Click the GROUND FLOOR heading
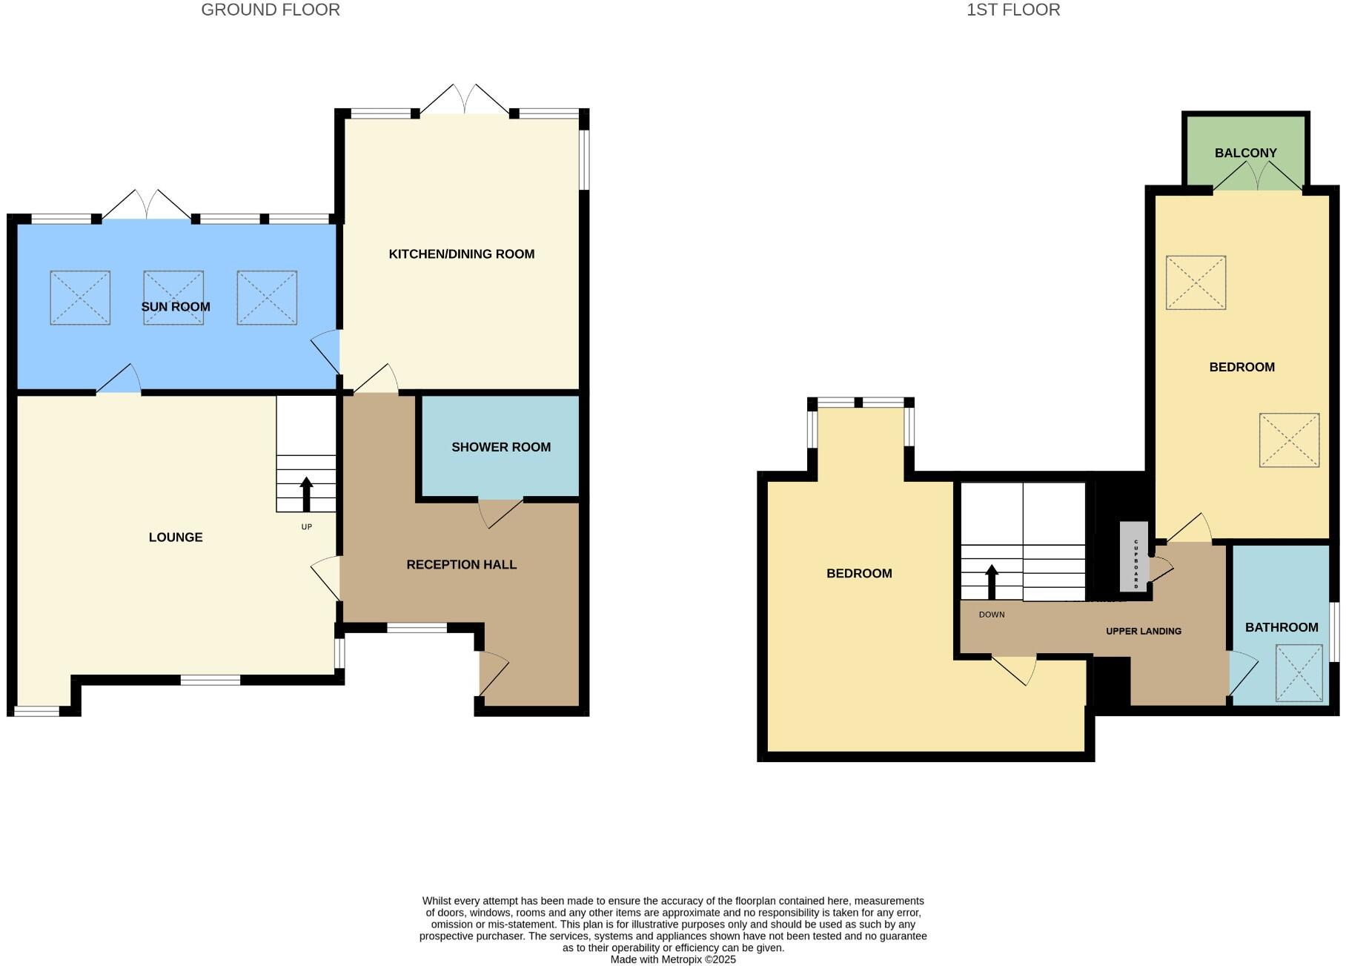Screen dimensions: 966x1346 pos(271,10)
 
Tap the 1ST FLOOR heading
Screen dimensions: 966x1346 pos(1012,10)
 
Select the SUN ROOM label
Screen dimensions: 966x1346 pos(176,307)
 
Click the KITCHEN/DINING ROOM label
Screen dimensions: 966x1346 pos(461,254)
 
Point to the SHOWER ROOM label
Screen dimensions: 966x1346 pos(501,447)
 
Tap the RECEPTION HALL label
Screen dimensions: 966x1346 pos(461,565)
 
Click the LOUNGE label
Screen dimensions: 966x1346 pos(176,537)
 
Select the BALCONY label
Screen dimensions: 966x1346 pos(1245,153)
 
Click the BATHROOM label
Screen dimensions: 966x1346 pos(1281,627)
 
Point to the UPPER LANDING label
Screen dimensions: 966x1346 pos(1143,632)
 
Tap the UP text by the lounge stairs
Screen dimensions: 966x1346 pos(307,527)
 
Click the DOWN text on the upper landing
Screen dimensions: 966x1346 pos(992,615)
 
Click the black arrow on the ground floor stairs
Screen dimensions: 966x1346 pos(306,494)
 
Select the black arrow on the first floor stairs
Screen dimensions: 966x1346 pos(991,581)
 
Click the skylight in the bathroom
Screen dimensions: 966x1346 pos(1299,672)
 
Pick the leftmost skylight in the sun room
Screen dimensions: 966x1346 pos(80,297)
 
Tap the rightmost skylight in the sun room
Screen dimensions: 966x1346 pos(267,297)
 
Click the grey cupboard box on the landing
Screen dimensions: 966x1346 pos(1134,557)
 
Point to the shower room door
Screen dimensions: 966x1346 pos(500,512)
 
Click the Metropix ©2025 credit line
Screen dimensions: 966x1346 pos(673,959)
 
